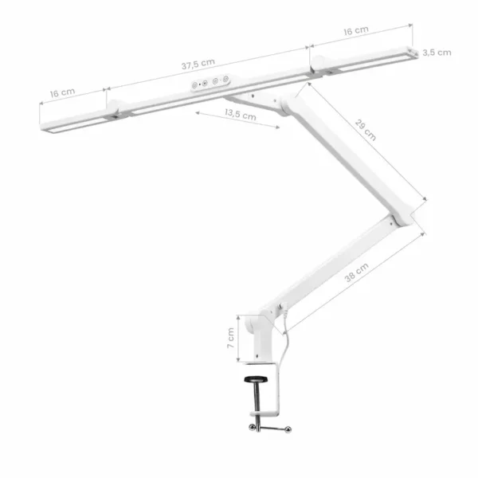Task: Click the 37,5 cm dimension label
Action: (x=198, y=64)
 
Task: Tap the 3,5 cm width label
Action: (x=437, y=53)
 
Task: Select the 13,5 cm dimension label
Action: (x=241, y=114)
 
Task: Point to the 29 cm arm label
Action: (x=365, y=130)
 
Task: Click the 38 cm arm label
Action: (x=356, y=272)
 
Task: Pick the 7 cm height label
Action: (x=231, y=338)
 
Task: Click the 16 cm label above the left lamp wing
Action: (x=62, y=92)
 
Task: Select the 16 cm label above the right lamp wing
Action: (x=356, y=30)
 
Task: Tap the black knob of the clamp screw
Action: (x=256, y=379)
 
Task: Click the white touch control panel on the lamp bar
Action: (x=210, y=82)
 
